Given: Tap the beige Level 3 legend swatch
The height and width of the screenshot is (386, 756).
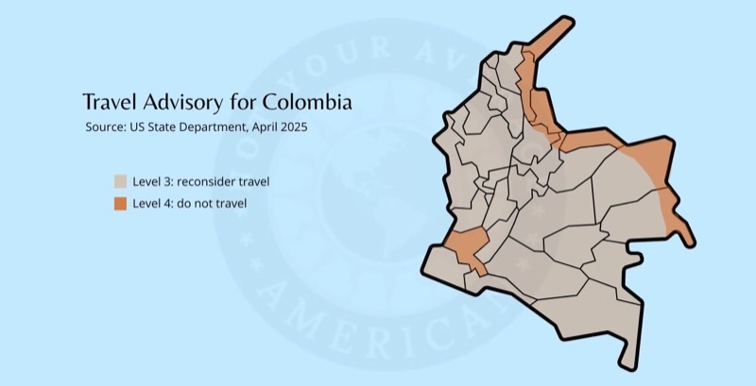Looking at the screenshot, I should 120,181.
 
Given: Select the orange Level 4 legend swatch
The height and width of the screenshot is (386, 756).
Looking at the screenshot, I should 120,203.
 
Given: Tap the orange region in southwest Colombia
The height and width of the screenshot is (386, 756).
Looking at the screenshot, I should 465,245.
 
